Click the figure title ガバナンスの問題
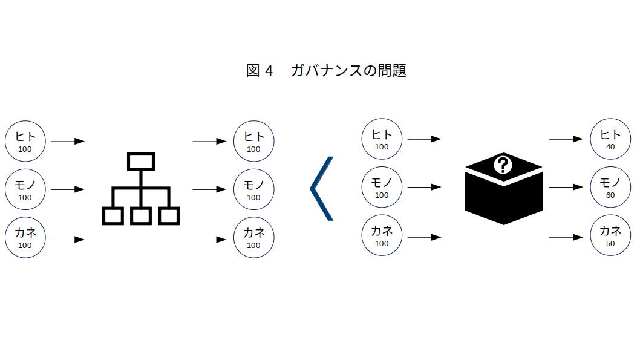(x=348, y=71)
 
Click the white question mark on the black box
(x=503, y=165)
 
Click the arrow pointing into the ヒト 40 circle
(x=566, y=139)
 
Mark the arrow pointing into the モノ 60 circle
(x=566, y=187)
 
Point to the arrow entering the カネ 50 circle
(x=566, y=237)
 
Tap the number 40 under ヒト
(x=610, y=147)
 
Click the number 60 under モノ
(x=610, y=195)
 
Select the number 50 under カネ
(x=610, y=244)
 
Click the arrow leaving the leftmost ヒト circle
(x=68, y=141)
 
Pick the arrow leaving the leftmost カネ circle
(x=68, y=240)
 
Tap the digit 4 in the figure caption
(x=269, y=71)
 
